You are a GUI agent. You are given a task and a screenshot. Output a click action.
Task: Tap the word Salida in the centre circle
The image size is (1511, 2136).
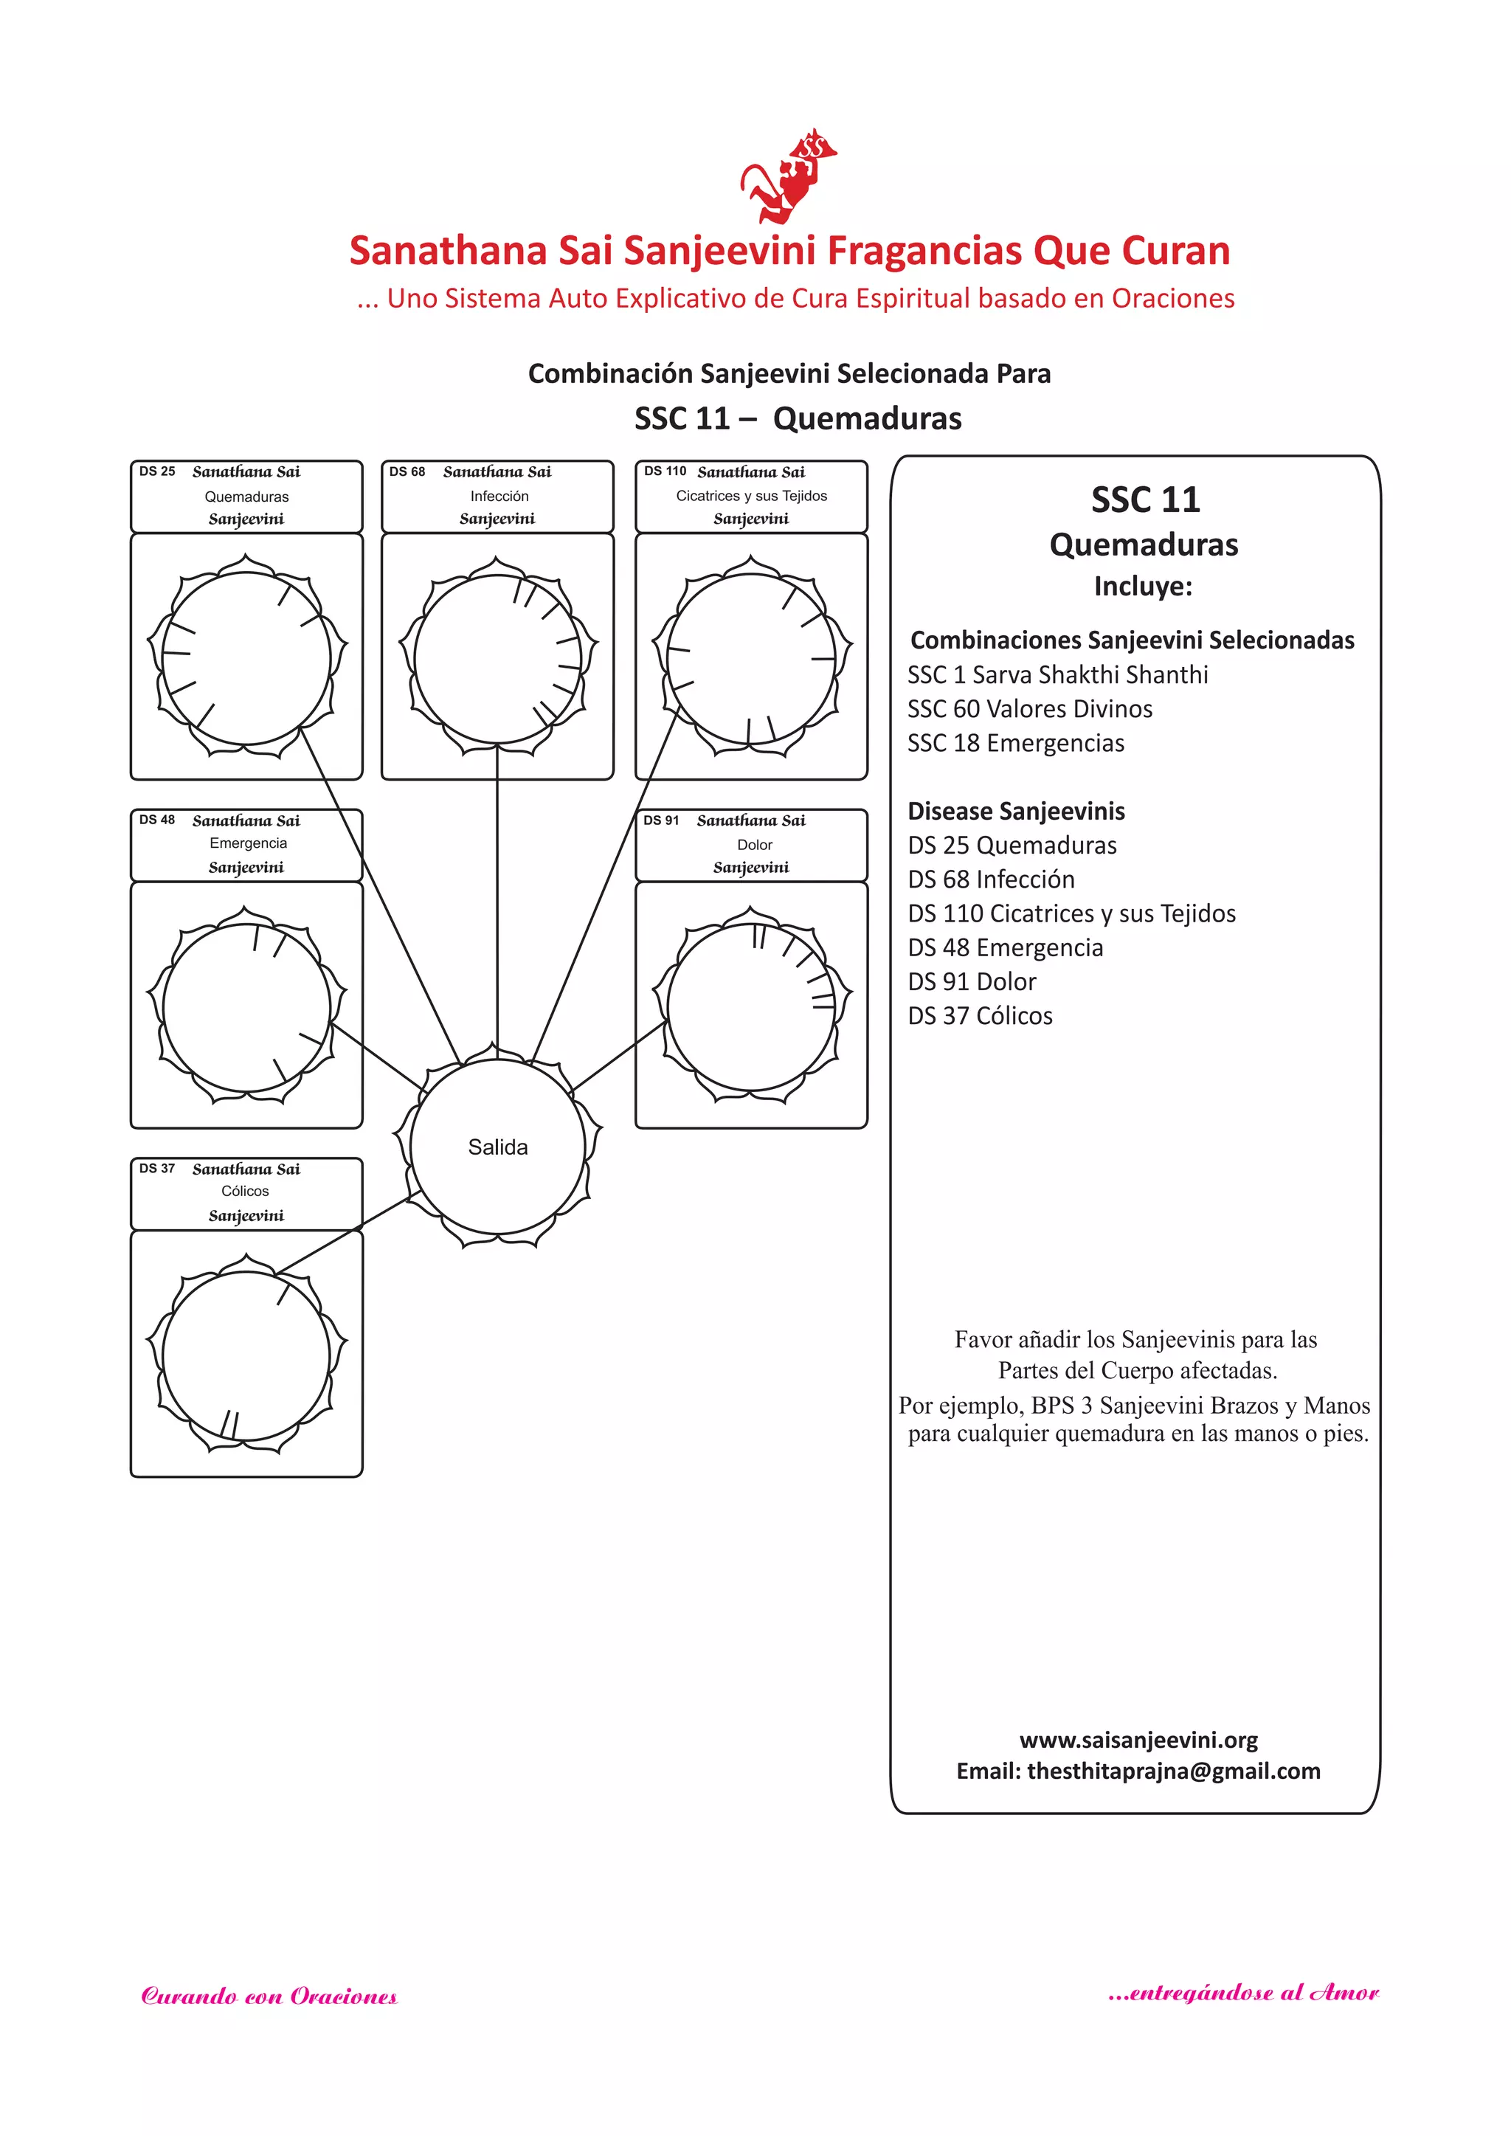pos(498,1147)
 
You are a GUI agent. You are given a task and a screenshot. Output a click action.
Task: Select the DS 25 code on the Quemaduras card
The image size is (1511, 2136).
pos(157,471)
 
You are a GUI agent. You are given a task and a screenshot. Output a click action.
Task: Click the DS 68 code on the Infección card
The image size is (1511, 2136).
pos(407,471)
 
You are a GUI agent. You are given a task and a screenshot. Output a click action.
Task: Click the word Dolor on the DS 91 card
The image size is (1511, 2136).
pos(755,845)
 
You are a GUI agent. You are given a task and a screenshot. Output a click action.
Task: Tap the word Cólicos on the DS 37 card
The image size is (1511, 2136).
pos(245,1191)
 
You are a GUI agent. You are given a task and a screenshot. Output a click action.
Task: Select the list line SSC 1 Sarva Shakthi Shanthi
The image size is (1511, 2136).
pos(1057,674)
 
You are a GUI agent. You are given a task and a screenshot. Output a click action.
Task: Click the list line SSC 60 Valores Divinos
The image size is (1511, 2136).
pos(1029,709)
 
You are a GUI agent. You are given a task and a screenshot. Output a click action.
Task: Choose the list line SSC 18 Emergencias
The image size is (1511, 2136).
pos(1015,743)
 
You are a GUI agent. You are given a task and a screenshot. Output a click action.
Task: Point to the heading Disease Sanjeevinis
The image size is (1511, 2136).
pos(1016,811)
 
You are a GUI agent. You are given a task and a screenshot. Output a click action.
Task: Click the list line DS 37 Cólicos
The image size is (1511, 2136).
pos(980,1016)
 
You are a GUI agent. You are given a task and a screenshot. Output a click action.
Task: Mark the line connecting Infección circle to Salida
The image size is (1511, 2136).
pos(497,893)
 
